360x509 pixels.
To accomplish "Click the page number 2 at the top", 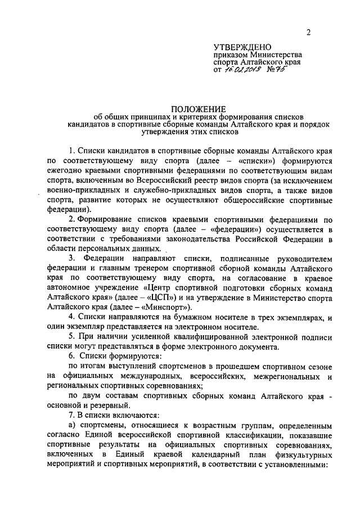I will [309, 33].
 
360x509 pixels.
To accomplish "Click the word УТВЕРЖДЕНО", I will [243, 47].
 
